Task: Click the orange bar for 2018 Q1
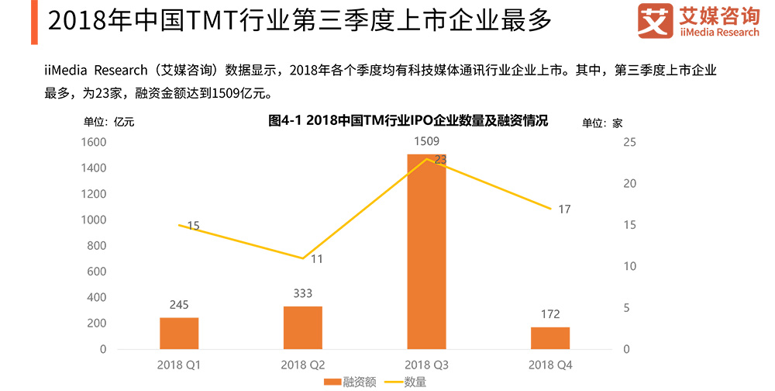point(179,333)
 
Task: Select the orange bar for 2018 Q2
point(303,327)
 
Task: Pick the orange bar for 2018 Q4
point(551,337)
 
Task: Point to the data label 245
point(179,305)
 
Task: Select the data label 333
point(303,293)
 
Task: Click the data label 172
point(551,314)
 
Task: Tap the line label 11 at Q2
point(317,259)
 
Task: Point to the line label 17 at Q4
point(564,209)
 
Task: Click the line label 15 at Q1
point(193,226)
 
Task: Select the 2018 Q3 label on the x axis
point(427,365)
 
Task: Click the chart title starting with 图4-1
point(408,121)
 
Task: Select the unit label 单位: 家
point(602,122)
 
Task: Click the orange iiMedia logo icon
point(655,22)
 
